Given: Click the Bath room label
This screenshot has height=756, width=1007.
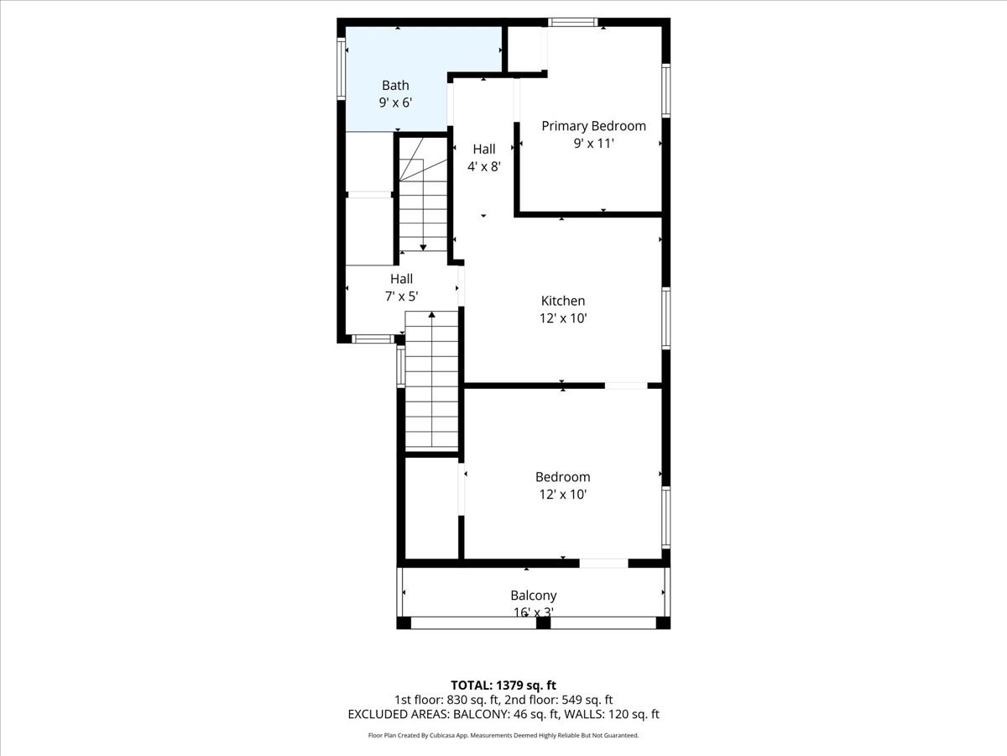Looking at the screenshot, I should click(395, 85).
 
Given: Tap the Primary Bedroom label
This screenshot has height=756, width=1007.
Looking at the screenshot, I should click(593, 126).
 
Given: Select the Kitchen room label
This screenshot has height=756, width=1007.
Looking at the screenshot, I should click(562, 301).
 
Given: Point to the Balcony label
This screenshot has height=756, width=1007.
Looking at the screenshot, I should click(533, 596).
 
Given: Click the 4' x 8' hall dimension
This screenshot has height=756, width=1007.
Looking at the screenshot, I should click(483, 166).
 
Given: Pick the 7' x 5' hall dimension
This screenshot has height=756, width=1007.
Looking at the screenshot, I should click(401, 296).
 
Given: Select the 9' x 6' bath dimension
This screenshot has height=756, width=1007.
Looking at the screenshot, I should click(395, 102).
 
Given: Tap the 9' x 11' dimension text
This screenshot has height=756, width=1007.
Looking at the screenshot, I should click(593, 144).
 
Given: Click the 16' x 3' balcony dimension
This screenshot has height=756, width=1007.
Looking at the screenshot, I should click(533, 613).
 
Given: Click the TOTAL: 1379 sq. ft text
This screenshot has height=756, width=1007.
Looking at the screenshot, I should click(503, 685).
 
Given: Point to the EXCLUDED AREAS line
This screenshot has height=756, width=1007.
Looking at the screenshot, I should click(503, 714).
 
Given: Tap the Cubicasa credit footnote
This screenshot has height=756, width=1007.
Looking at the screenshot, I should click(503, 735).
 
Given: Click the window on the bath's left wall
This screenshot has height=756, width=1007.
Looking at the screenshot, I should click(342, 69).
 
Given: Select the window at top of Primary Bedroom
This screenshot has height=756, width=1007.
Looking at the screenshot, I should click(572, 22).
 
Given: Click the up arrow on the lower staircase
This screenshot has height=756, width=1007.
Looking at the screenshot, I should click(432, 316).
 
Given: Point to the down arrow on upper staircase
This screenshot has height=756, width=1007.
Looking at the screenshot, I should click(423, 245).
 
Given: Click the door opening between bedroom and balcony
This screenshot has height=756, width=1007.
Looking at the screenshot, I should click(603, 563).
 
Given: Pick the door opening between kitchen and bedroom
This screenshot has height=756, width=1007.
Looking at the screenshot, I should click(625, 386).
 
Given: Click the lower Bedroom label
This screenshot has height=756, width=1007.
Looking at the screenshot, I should click(562, 477).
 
